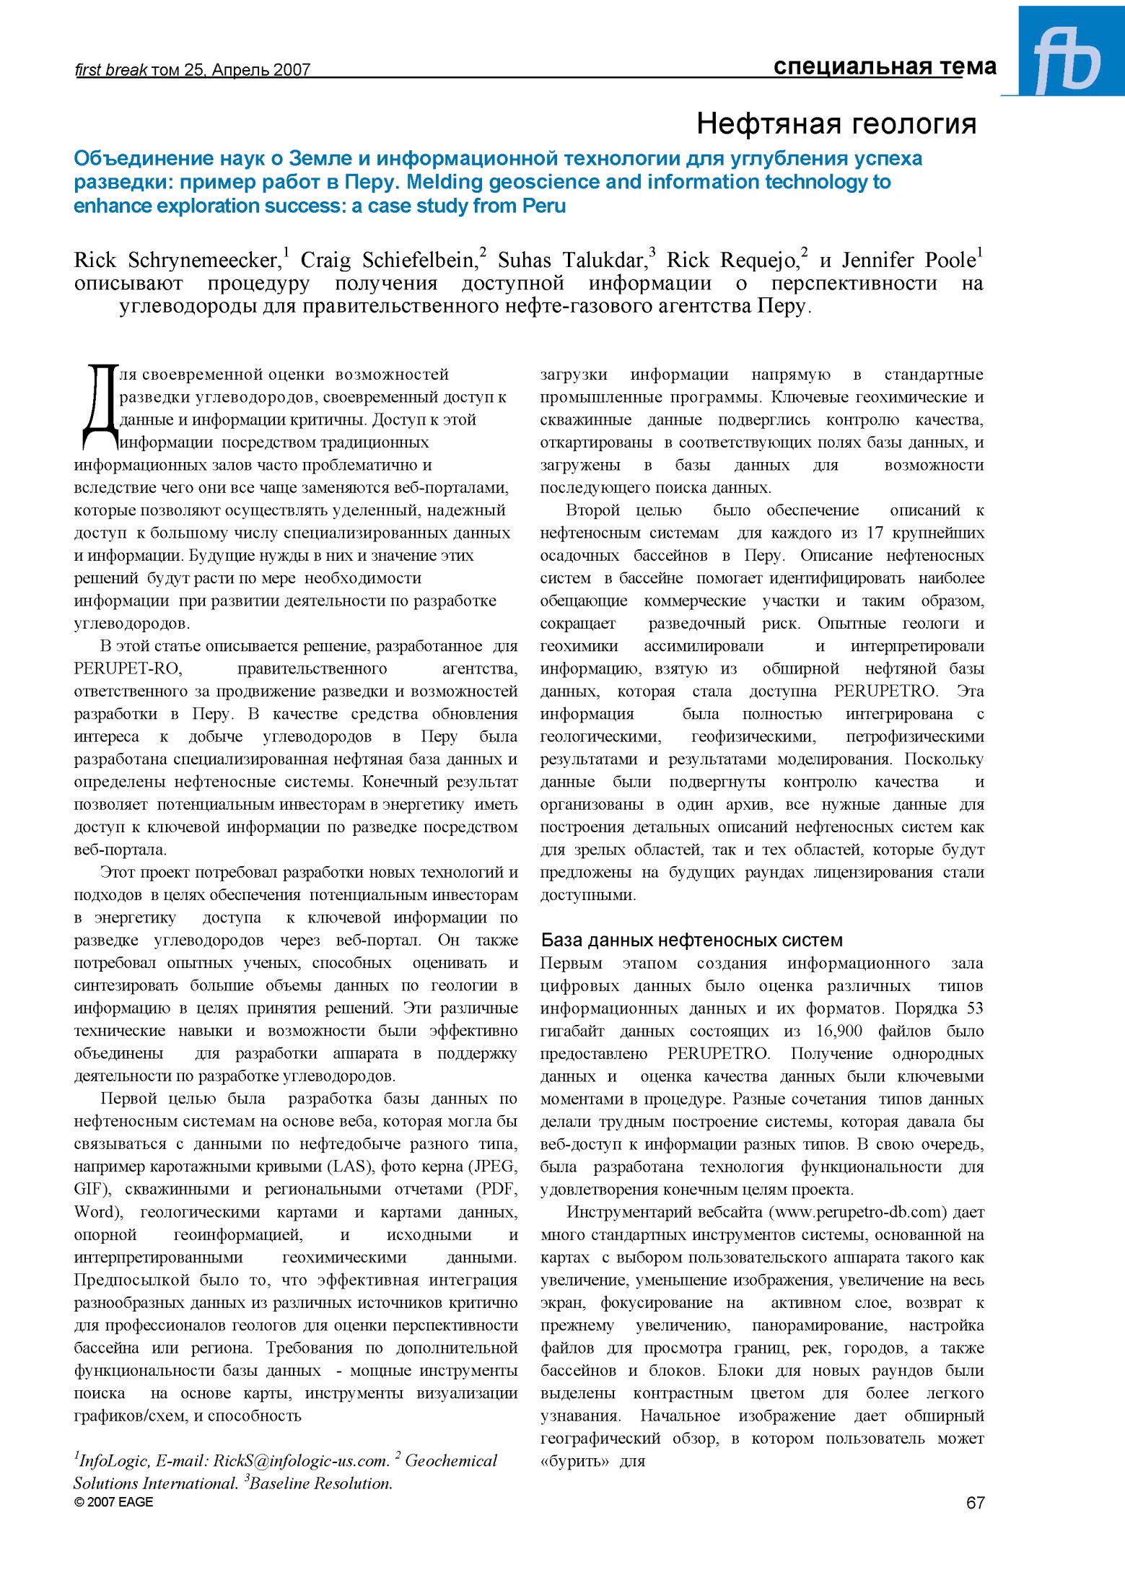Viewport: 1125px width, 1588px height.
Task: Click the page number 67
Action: click(975, 1502)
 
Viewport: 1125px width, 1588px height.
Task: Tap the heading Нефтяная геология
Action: click(836, 124)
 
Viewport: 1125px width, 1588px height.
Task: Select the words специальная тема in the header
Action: click(884, 67)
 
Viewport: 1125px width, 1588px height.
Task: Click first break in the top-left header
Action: click(110, 70)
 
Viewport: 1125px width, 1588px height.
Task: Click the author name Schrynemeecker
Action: click(204, 261)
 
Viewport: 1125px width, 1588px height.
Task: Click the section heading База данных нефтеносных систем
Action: click(691, 941)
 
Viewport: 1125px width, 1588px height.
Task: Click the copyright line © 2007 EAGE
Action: click(113, 1502)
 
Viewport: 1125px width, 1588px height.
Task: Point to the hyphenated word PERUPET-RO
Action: click(128, 669)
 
